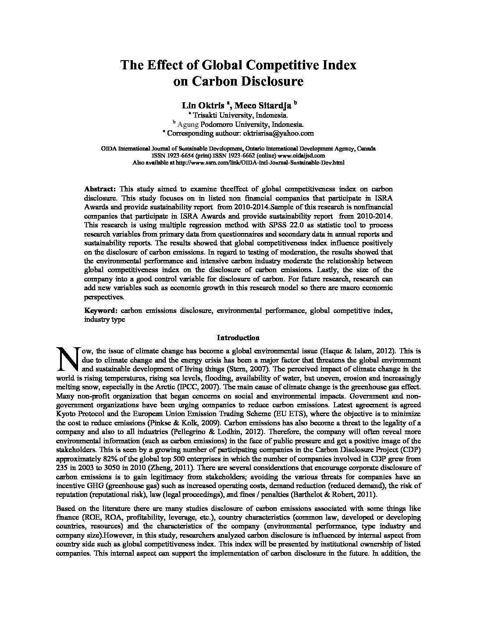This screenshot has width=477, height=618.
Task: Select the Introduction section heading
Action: [238, 338]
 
